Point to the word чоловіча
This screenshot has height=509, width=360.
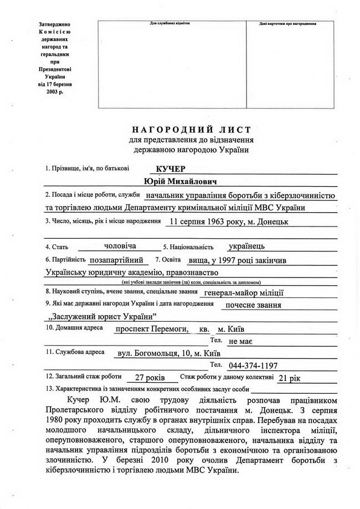coord(120,245)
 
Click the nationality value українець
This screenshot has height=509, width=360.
coord(246,245)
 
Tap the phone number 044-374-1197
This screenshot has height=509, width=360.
coord(253,366)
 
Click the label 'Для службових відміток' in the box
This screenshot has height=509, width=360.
coord(170,24)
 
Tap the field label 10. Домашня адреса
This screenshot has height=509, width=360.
coord(68,328)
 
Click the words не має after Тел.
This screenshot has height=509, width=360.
coord(241,341)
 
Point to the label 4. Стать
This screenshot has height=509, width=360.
coord(56,245)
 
